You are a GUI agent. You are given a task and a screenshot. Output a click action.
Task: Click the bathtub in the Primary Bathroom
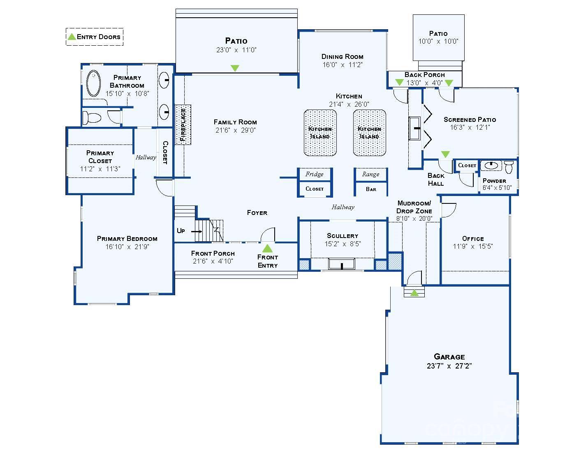[94, 83]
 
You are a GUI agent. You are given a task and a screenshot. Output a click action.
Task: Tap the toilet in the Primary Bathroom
[92, 118]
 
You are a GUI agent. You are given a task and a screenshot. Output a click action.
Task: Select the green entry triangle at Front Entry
[267, 248]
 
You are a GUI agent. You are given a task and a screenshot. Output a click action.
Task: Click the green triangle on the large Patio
[235, 68]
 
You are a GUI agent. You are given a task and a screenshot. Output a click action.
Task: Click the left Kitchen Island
[320, 133]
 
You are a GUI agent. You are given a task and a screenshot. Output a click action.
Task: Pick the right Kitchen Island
[370, 133]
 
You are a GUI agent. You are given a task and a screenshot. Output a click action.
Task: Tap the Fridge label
[314, 174]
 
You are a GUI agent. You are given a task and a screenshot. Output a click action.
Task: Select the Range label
[370, 174]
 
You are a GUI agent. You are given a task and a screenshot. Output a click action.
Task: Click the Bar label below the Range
[371, 189]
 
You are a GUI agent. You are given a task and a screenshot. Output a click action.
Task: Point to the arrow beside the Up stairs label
[197, 231]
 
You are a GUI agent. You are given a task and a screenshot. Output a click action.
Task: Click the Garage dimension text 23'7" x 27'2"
[449, 366]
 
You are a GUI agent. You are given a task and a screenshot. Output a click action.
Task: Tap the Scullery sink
[342, 264]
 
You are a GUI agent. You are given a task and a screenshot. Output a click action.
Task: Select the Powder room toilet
[509, 166]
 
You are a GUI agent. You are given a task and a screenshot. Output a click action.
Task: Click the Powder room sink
[490, 166]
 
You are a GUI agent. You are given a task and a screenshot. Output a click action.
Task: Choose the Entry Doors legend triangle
[72, 37]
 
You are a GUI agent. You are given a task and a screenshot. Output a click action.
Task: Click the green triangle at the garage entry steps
[414, 293]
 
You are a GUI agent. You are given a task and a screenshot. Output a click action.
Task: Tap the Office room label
[473, 238]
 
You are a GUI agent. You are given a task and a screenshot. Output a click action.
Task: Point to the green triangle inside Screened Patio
[445, 154]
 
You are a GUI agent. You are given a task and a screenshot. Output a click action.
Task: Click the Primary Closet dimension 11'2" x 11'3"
[100, 169]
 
